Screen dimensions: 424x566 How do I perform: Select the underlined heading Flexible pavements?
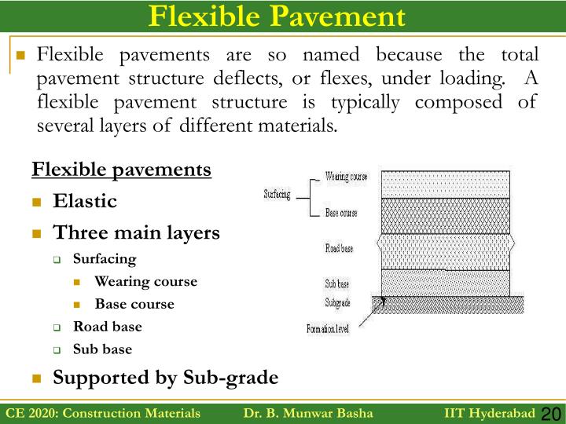121,170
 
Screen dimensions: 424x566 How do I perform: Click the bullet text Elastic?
85,201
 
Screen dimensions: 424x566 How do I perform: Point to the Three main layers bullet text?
136,233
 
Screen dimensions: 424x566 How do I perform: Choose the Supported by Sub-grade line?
165,378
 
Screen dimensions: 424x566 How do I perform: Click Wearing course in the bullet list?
145,281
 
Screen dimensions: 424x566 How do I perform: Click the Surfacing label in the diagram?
277,194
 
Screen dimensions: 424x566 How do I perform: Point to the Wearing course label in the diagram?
346,177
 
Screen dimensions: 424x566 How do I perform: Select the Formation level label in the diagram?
328,329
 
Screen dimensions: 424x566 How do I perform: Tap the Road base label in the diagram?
340,248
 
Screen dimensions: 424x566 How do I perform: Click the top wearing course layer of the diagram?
445,184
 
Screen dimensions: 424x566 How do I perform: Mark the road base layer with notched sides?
445,251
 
